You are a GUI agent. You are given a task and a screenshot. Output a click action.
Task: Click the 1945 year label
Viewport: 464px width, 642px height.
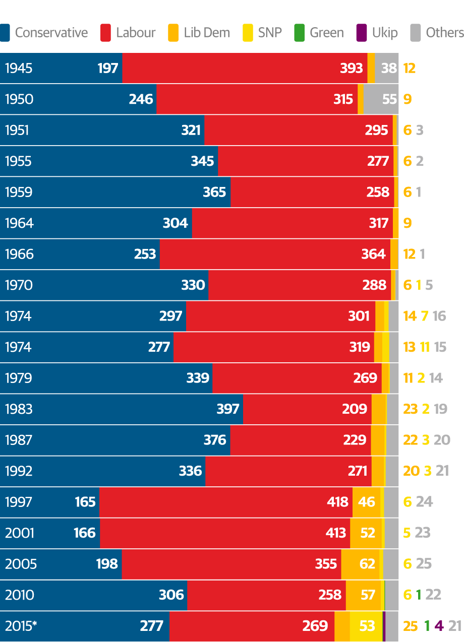pyautogui.click(x=19, y=68)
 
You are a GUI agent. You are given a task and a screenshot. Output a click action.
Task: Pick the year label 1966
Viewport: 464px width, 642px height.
pyautogui.click(x=19, y=254)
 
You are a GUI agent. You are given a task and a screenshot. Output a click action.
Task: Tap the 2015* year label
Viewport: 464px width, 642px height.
pyautogui.click(x=21, y=626)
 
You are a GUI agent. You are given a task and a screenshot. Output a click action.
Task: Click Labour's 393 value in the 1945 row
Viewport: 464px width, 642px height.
pyautogui.click(x=352, y=68)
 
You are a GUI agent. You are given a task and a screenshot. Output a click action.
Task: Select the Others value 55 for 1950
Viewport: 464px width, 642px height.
pyautogui.click(x=389, y=99)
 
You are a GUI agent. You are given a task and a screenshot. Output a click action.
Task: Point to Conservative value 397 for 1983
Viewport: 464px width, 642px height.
pyautogui.click(x=228, y=409)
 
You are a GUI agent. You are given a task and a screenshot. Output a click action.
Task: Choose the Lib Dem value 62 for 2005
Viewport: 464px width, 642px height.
pyautogui.click(x=367, y=563)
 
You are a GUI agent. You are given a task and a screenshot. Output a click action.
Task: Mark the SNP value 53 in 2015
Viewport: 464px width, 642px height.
pyautogui.click(x=367, y=626)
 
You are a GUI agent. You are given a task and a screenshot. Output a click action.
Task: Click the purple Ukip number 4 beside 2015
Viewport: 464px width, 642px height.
pyautogui.click(x=439, y=626)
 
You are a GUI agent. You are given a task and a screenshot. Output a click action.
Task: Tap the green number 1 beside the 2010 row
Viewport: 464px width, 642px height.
pyautogui.click(x=418, y=595)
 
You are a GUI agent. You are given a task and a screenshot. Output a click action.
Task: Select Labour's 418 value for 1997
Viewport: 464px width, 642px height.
pyautogui.click(x=337, y=502)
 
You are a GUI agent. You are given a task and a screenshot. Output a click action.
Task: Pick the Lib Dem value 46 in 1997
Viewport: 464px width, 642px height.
pyautogui.click(x=367, y=502)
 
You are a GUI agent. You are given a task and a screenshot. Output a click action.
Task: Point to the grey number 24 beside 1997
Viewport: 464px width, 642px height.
pyautogui.click(x=424, y=502)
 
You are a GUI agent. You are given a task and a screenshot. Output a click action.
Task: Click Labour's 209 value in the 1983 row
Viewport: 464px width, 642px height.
pyautogui.click(x=355, y=409)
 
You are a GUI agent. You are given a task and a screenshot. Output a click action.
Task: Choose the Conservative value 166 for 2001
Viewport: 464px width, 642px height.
pyautogui.click(x=84, y=533)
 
